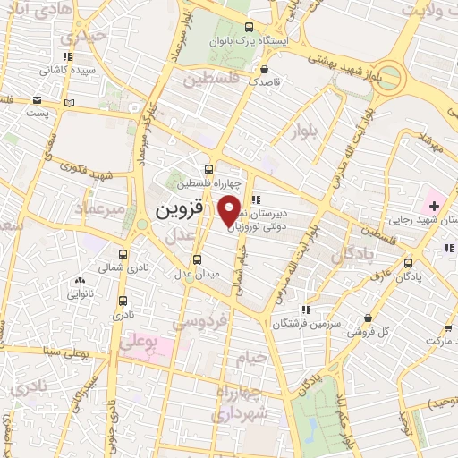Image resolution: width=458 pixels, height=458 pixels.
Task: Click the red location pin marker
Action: [x=230, y=210]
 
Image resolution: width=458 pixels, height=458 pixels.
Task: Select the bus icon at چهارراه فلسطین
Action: [x=209, y=169]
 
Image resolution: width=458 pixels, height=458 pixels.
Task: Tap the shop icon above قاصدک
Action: [x=265, y=66]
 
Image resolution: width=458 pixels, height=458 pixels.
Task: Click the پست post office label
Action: [x=38, y=114]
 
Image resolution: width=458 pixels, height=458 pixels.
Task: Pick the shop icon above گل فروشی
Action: [x=368, y=318]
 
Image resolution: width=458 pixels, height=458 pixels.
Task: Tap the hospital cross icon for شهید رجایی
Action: [x=435, y=206]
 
